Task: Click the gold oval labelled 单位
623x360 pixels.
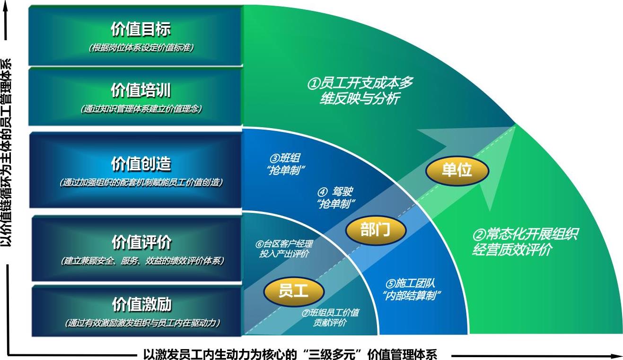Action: point(457,170)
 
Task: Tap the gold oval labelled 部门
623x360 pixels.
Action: point(376,230)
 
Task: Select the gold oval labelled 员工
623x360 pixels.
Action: point(294,291)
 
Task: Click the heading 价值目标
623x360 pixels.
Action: point(141,29)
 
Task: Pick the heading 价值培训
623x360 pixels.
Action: point(141,90)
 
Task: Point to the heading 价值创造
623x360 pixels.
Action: point(141,164)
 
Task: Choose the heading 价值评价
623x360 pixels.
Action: point(141,242)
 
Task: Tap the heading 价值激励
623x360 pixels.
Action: point(142,304)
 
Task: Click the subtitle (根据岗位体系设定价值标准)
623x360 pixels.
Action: point(141,48)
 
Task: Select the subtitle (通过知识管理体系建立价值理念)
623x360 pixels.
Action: point(141,109)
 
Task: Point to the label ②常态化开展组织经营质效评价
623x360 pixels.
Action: point(525,241)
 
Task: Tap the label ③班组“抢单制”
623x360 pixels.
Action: point(286,164)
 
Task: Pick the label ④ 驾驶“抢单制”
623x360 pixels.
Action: point(336,198)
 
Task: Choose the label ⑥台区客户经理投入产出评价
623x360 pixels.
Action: point(284,249)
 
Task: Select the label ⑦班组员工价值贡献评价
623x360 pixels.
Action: point(330,317)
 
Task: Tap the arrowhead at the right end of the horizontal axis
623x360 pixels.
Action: point(615,356)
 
